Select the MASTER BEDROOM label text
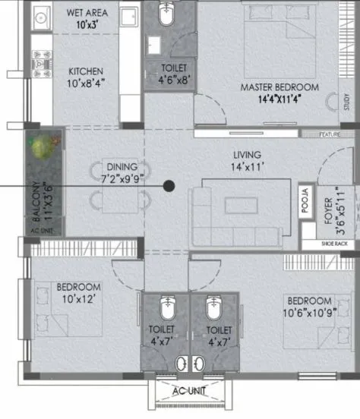[x=279, y=87]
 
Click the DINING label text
[x=121, y=166]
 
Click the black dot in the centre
[x=169, y=185]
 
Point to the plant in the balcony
[x=43, y=146]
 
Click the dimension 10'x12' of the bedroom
[x=78, y=298]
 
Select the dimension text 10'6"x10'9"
[x=308, y=311]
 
